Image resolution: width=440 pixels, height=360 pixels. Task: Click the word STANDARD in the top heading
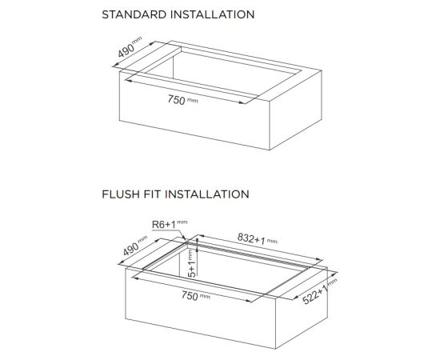tap(134, 14)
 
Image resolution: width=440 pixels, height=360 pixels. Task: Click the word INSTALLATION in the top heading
tap(213, 14)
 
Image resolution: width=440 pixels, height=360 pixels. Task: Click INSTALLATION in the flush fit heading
tap(207, 194)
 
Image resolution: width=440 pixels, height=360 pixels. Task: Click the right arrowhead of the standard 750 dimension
tap(242, 102)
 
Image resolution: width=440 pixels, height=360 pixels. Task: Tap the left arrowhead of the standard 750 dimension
tap(128, 81)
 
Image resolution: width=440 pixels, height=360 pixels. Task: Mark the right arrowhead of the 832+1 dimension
tap(318, 259)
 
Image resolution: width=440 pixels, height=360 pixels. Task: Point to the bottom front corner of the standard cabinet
tap(270, 150)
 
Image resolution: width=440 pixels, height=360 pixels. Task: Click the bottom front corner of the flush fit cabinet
tap(276, 349)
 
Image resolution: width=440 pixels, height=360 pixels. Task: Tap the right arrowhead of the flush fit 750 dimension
tap(249, 301)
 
